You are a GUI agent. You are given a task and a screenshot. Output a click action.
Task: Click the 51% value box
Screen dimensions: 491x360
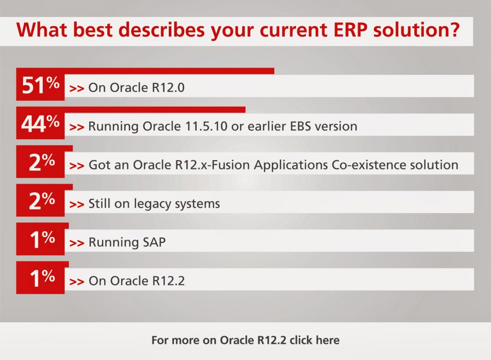click(40, 84)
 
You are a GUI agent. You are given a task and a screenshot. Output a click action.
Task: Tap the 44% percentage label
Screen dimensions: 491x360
click(40, 123)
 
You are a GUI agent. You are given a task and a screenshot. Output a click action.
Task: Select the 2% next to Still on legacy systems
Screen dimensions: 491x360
click(42, 200)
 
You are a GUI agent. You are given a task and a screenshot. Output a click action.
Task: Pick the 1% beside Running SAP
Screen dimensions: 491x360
click(42, 239)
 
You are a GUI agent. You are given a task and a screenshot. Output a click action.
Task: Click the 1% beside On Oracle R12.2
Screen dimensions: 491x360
click(42, 278)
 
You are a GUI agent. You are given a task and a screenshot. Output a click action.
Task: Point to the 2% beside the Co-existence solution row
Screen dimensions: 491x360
click(42, 162)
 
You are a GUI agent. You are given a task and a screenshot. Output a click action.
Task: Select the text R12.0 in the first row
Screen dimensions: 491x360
click(168, 88)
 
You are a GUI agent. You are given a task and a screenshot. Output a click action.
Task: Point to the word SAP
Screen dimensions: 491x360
click(154, 242)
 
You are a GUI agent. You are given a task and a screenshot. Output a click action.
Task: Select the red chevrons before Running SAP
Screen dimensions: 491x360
click(77, 243)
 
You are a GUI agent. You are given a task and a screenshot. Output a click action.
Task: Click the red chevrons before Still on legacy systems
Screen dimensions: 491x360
click(77, 205)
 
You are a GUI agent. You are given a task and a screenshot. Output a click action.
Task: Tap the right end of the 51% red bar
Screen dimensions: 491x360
click(274, 71)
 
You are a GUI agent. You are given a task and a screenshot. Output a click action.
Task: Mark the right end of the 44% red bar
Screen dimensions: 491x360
click(245, 110)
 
